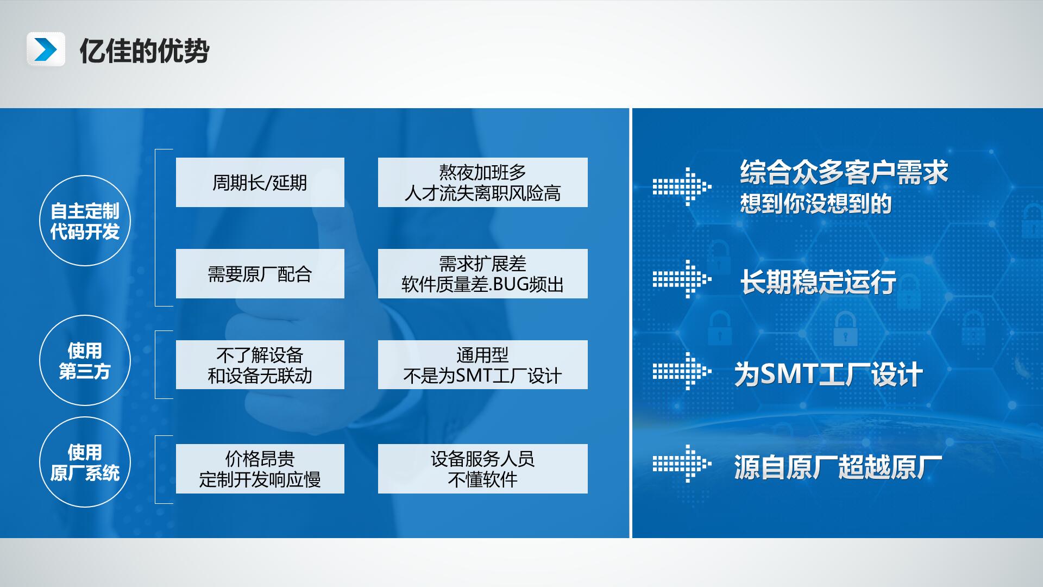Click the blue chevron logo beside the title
coord(46,49)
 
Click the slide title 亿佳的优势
coord(144,51)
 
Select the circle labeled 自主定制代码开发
coord(85,221)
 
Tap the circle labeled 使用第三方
coord(85,360)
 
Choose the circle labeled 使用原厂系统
coord(85,462)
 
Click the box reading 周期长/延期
coord(260,182)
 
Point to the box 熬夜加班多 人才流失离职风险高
coord(483,182)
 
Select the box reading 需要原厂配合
coord(260,273)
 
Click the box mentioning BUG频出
coord(483,273)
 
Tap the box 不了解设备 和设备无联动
coord(260,365)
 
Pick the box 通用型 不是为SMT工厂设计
coord(483,365)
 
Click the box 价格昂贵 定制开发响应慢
coord(260,469)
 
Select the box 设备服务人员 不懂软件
coord(483,469)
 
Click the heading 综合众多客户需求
coord(844,172)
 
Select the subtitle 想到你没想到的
coord(816,204)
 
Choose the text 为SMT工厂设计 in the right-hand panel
coord(828,374)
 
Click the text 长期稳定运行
coord(818,282)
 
